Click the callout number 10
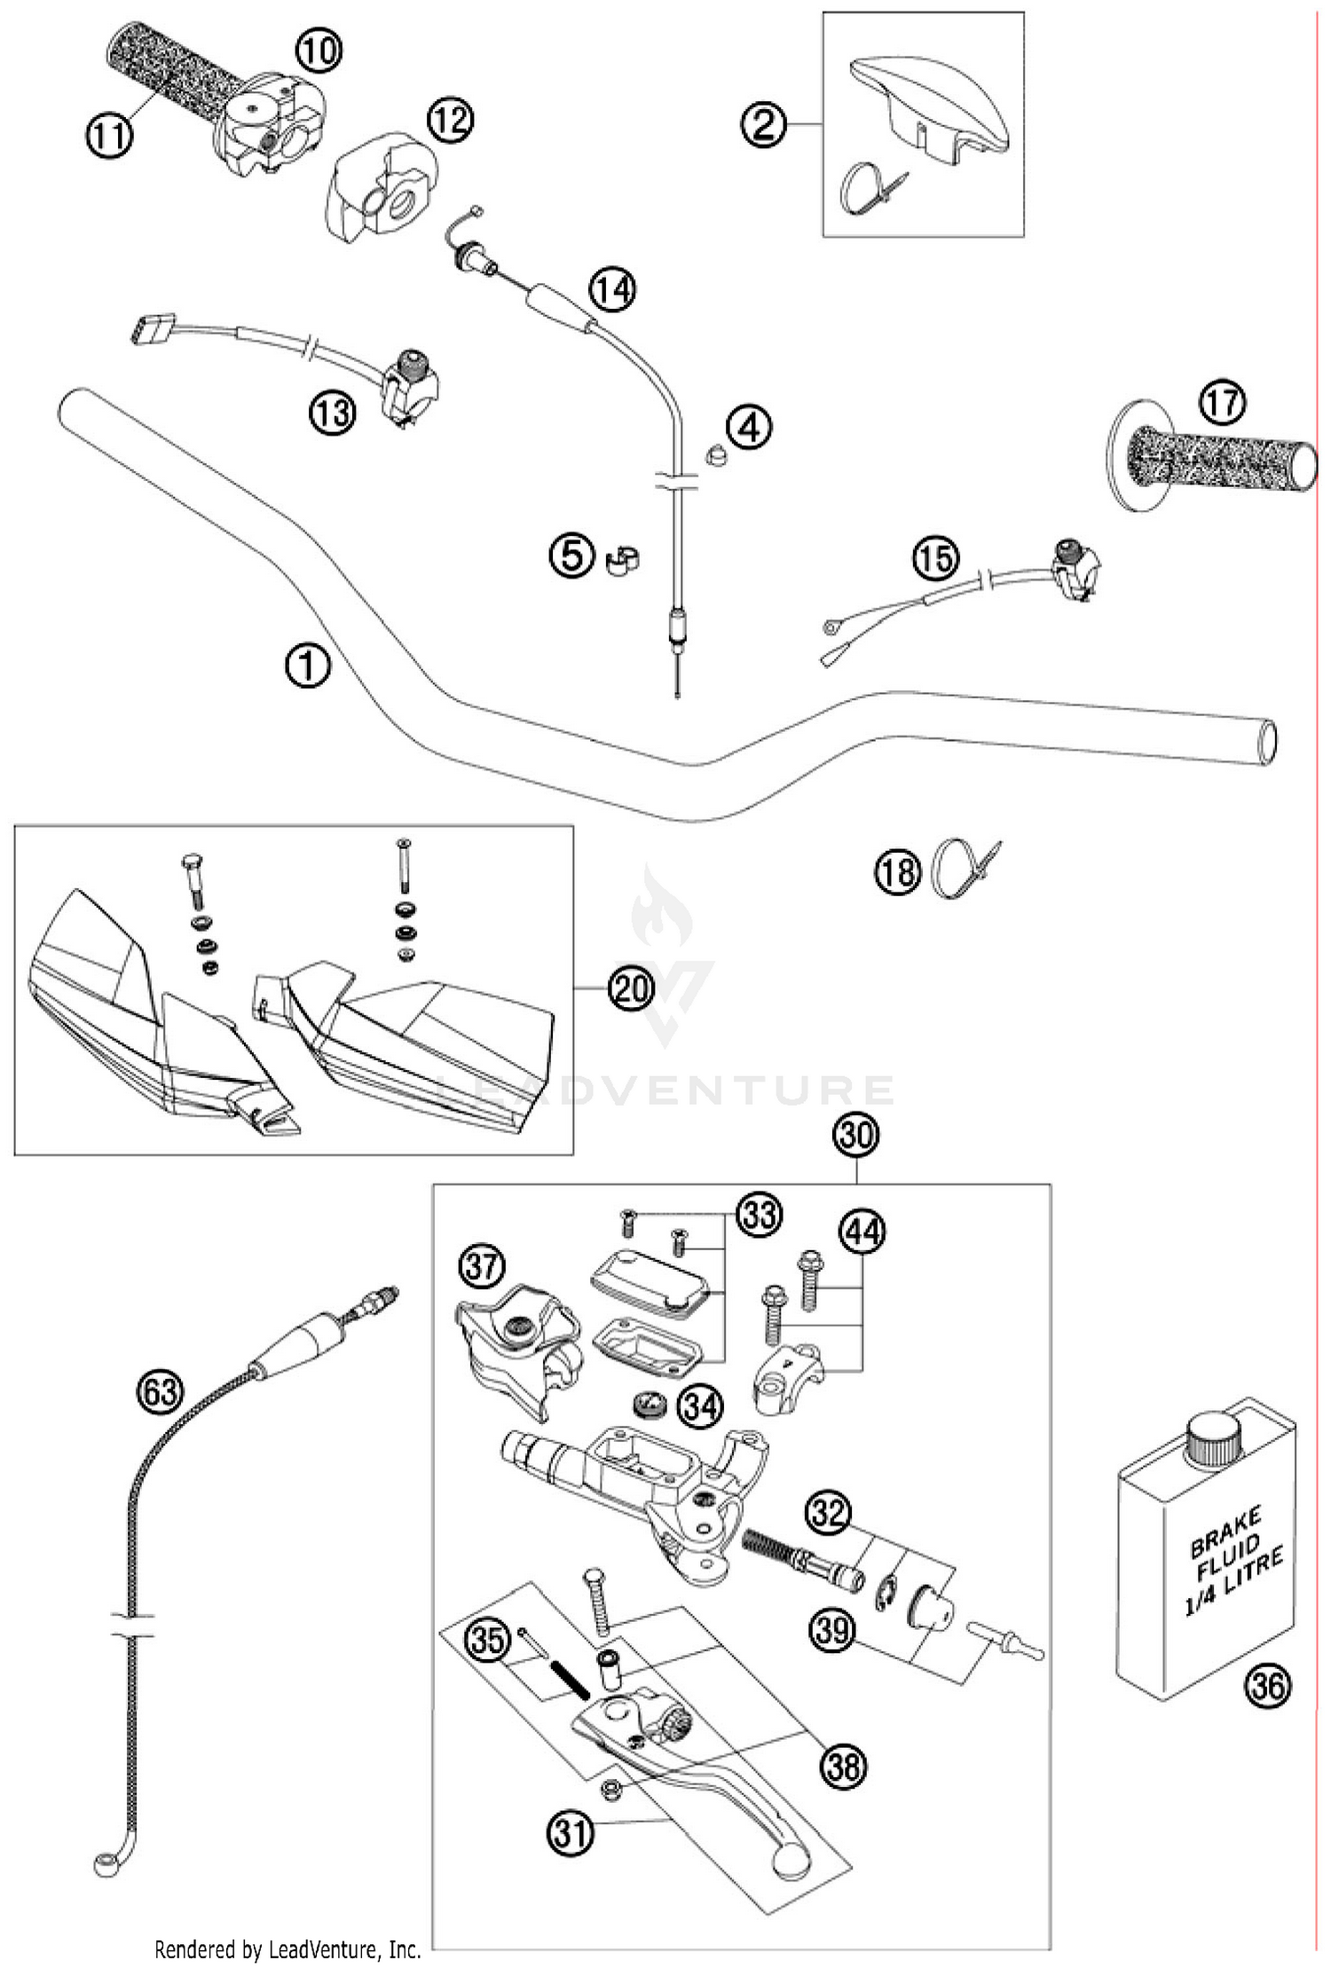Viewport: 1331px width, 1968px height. click(x=317, y=51)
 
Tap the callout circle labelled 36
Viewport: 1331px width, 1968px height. click(x=1267, y=1683)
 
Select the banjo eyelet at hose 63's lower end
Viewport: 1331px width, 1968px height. click(x=104, y=1860)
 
